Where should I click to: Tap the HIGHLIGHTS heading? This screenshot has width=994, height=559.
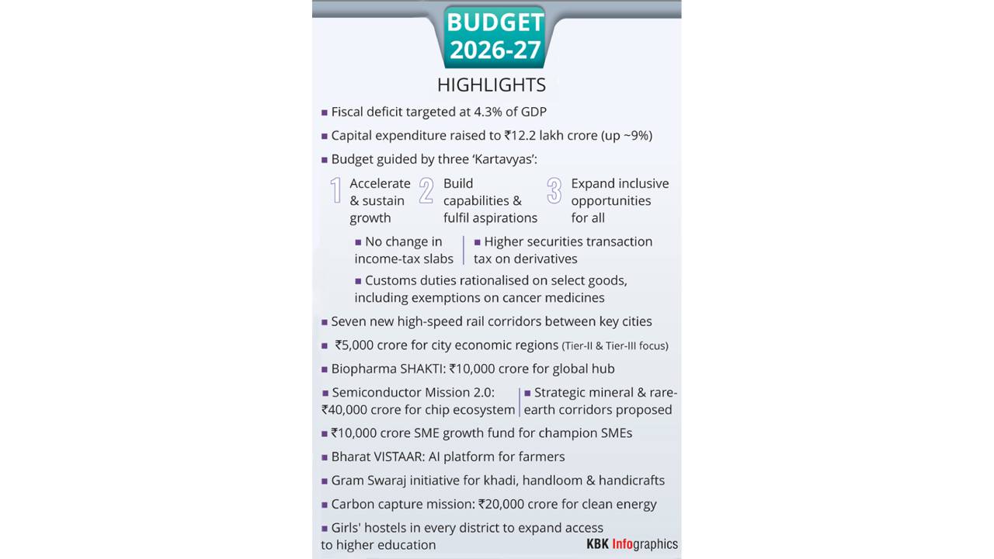[491, 85]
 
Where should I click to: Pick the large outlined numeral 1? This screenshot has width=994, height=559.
[335, 191]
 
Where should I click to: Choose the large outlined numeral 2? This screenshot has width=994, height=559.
[426, 191]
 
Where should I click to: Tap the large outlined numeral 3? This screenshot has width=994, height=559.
[554, 191]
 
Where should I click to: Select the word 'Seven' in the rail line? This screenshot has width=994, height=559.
[348, 321]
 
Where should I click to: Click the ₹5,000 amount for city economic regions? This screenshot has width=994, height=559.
[356, 345]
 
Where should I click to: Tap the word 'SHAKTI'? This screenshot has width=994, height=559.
[422, 369]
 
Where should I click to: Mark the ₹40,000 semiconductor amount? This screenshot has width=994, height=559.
[347, 410]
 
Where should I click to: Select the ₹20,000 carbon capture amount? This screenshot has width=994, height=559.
[505, 505]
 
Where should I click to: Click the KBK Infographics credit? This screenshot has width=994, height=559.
[632, 544]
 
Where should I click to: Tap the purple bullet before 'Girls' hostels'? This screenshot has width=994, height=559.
[325, 528]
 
